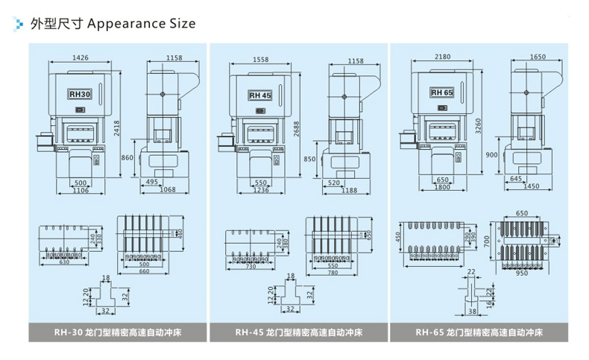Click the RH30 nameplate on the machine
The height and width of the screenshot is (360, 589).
pos(79,95)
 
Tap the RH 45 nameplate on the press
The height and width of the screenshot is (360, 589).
pos(260,95)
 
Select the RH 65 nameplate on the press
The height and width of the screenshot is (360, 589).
pos(441,92)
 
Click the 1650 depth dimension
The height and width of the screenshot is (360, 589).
pos(538,57)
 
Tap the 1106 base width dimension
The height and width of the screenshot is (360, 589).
pos(84,191)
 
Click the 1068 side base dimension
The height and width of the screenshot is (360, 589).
pos(167,191)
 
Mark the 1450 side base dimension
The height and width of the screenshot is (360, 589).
pos(530,186)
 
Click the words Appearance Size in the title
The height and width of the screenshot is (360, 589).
pos(142,23)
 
